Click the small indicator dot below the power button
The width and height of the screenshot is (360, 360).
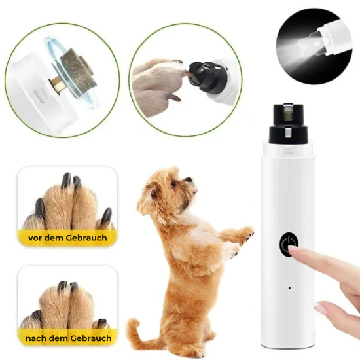[289, 288]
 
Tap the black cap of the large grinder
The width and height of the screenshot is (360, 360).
[288, 124]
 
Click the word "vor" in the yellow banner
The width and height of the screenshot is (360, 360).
[35, 238]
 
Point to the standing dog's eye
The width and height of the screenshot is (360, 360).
[173, 184]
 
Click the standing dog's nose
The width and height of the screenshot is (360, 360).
[189, 179]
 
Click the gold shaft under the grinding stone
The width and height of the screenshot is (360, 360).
[56, 85]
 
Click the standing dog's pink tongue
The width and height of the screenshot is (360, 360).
[195, 190]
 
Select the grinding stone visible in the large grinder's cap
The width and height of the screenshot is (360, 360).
[288, 113]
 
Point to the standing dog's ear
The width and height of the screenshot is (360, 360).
[153, 194]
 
